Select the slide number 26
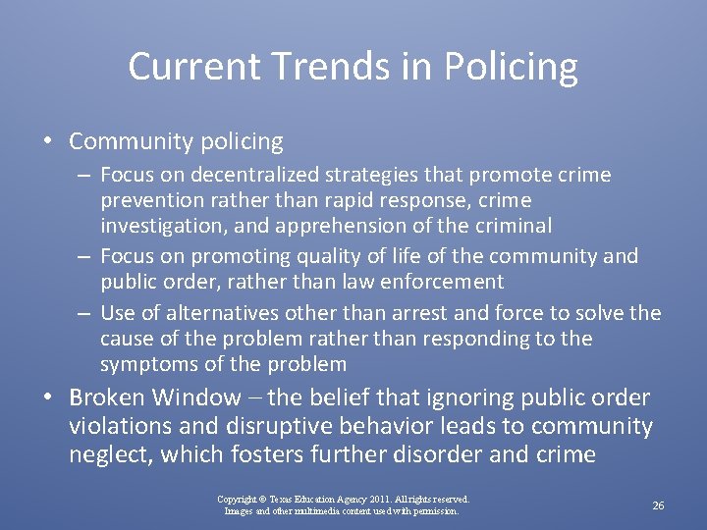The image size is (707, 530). point(658,505)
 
